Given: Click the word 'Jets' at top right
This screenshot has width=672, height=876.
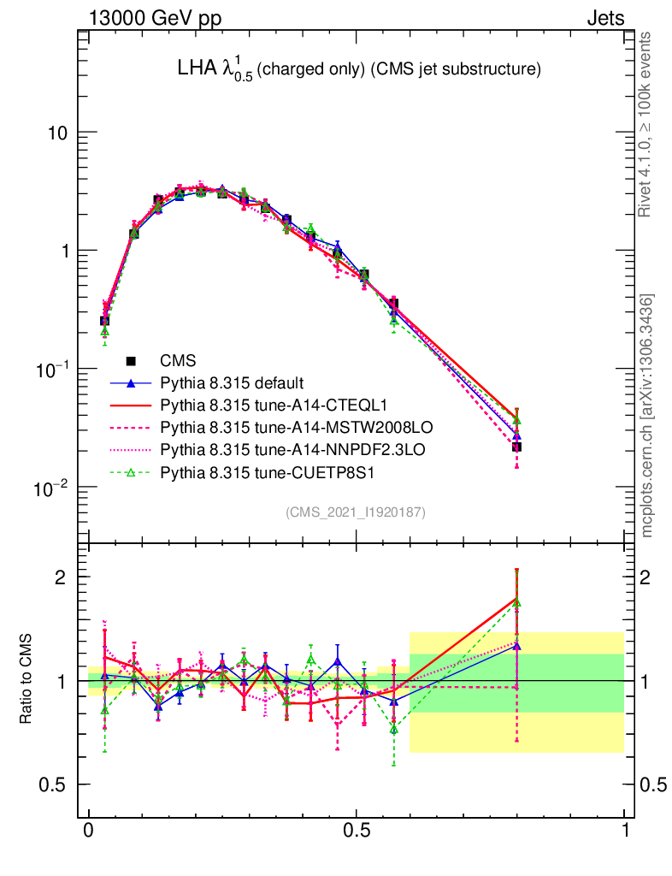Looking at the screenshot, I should [x=604, y=19].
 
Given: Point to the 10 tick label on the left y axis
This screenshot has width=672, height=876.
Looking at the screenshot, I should [x=58, y=133].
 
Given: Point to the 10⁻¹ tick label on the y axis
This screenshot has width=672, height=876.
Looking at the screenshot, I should [x=53, y=369].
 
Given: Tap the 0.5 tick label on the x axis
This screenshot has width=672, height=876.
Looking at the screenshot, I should [x=357, y=831].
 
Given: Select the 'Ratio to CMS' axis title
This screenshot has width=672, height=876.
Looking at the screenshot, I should [x=26, y=680].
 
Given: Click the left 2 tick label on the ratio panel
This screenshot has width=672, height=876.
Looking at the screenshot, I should [x=62, y=577].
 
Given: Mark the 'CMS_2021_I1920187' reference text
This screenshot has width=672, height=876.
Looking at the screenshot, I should [x=356, y=512].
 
